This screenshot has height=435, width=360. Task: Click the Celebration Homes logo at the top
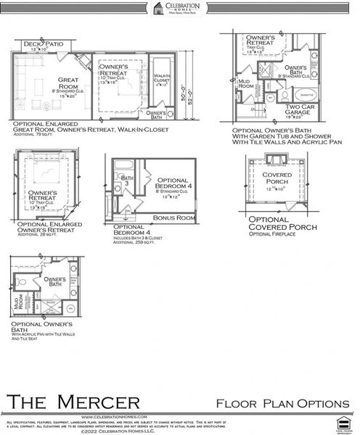coord(179,8)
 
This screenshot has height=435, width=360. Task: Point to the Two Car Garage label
coord(298,111)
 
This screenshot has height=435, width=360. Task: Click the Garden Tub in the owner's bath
coord(306,94)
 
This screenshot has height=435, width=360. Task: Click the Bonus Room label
coord(174,217)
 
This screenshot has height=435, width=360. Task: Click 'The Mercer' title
coord(73,401)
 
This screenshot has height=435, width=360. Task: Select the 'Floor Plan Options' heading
coord(282,403)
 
